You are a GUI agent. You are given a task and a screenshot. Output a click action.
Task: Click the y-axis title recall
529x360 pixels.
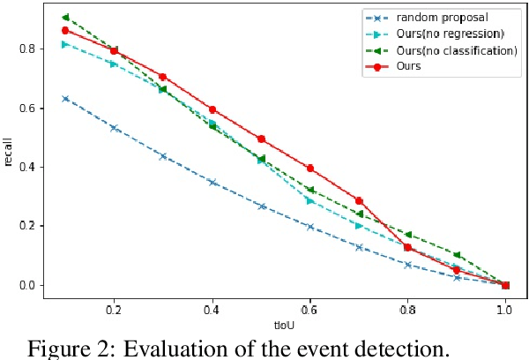[9, 151]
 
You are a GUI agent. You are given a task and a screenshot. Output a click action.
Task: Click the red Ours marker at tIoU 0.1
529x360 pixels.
[65, 30]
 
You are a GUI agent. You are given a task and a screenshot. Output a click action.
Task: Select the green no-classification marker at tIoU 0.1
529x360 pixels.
[65, 18]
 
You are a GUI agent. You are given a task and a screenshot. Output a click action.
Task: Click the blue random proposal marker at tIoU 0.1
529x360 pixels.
[65, 99]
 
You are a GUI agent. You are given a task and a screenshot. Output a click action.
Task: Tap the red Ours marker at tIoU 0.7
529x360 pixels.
[359, 200]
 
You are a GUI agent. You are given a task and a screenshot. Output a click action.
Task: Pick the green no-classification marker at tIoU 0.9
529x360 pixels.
[457, 255]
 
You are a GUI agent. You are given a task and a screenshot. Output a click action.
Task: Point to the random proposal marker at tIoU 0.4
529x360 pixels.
[212, 182]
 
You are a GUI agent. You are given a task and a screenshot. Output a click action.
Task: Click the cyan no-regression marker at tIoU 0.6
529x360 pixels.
[309, 200]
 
